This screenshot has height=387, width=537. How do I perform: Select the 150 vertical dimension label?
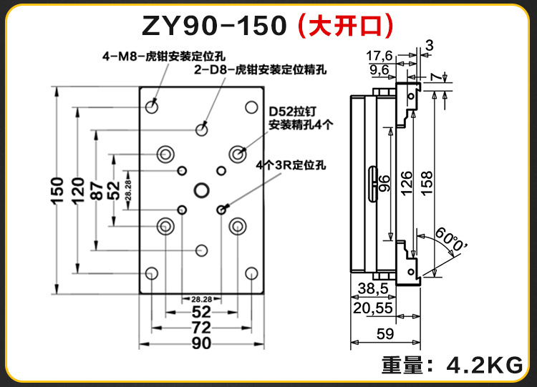point(59,191)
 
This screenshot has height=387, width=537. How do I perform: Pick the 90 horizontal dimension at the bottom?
point(201,343)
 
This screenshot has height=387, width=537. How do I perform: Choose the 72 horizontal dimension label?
point(201,328)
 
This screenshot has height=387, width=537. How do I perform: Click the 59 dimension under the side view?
point(385,333)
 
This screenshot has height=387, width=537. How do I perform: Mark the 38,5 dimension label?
point(372,289)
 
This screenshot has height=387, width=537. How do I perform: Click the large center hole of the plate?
point(201,190)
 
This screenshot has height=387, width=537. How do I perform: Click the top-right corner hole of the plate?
point(251,107)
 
